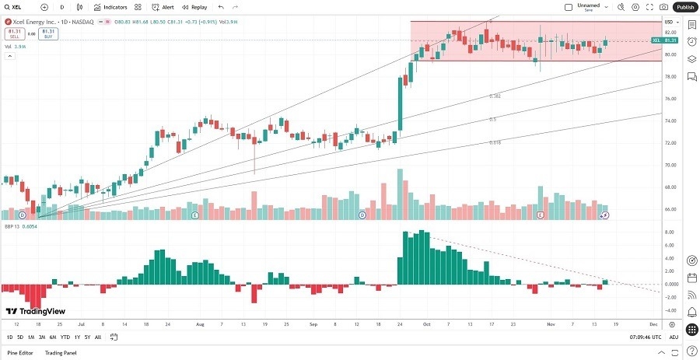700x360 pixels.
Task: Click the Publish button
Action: pyautogui.click(x=684, y=7)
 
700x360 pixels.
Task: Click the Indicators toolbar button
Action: pyautogui.click(x=110, y=7)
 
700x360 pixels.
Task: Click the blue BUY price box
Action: pyautogui.click(x=48, y=33)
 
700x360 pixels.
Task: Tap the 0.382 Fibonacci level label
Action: pyautogui.click(x=495, y=96)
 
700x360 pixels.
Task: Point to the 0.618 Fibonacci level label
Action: pyautogui.click(x=495, y=143)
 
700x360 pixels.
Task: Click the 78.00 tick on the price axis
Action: pyautogui.click(x=670, y=77)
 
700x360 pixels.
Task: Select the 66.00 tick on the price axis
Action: pyautogui.click(x=670, y=209)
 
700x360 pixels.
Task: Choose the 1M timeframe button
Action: pyautogui.click(x=30, y=337)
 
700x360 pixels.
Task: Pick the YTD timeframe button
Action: pyautogui.click(x=65, y=337)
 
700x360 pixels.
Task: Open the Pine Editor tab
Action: pyautogui.click(x=19, y=353)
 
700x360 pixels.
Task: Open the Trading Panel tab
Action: pyautogui.click(x=60, y=353)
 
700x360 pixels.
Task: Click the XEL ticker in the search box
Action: pyautogui.click(x=16, y=7)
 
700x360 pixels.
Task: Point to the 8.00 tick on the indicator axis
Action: pyautogui.click(x=669, y=232)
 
